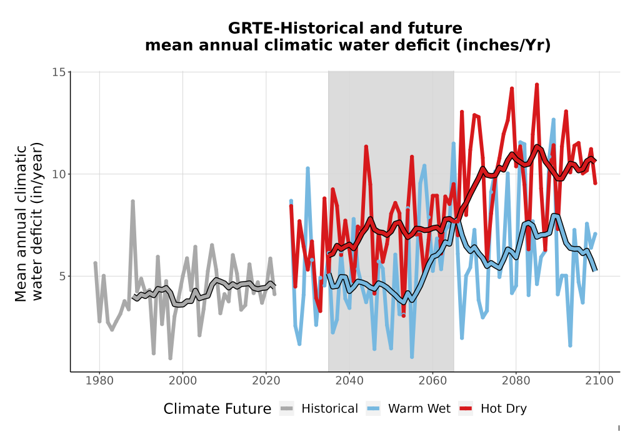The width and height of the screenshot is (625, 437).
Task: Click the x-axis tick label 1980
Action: (99, 380)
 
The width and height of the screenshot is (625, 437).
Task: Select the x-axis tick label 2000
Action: (182, 380)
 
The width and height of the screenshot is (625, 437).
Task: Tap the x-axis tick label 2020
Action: (266, 380)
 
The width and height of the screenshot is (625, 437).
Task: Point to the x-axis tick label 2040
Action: (349, 380)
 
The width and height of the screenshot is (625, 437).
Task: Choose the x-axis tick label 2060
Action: (432, 380)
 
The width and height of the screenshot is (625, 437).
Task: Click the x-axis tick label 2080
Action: (516, 380)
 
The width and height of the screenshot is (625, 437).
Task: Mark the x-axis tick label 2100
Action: (599, 380)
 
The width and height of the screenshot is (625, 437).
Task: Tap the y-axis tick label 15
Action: (59, 72)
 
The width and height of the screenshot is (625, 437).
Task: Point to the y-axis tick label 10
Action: (59, 174)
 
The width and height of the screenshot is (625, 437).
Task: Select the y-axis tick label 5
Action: (62, 276)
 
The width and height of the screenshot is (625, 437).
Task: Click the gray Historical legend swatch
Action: (287, 408)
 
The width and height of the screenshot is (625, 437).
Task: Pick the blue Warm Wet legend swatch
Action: (373, 408)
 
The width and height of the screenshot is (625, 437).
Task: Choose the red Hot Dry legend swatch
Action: (466, 408)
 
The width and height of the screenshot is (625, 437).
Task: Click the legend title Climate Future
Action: (217, 409)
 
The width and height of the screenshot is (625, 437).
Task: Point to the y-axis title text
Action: (29, 222)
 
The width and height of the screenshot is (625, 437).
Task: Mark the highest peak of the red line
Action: (537, 84)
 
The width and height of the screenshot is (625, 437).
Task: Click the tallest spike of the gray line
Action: (132, 202)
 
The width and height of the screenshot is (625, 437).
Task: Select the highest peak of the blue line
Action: (454, 144)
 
